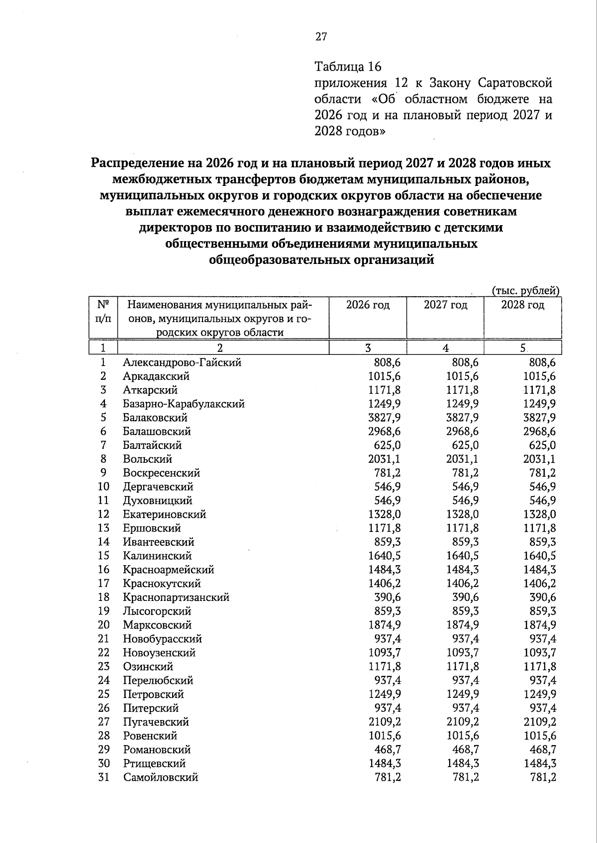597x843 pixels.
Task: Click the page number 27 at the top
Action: tap(321, 36)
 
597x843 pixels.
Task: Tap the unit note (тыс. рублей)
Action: tap(525, 291)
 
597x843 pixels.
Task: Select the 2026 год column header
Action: tap(368, 305)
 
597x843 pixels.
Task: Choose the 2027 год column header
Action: tap(445, 305)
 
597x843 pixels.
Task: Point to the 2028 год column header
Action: tap(522, 305)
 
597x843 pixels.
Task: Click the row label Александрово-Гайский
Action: tap(182, 362)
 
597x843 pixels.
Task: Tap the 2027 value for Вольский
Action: tap(462, 459)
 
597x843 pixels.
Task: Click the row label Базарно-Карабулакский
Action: tap(184, 404)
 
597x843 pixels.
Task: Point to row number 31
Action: tap(103, 777)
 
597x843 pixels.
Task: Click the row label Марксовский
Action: tap(157, 625)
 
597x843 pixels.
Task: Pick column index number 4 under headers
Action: tap(445, 348)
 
